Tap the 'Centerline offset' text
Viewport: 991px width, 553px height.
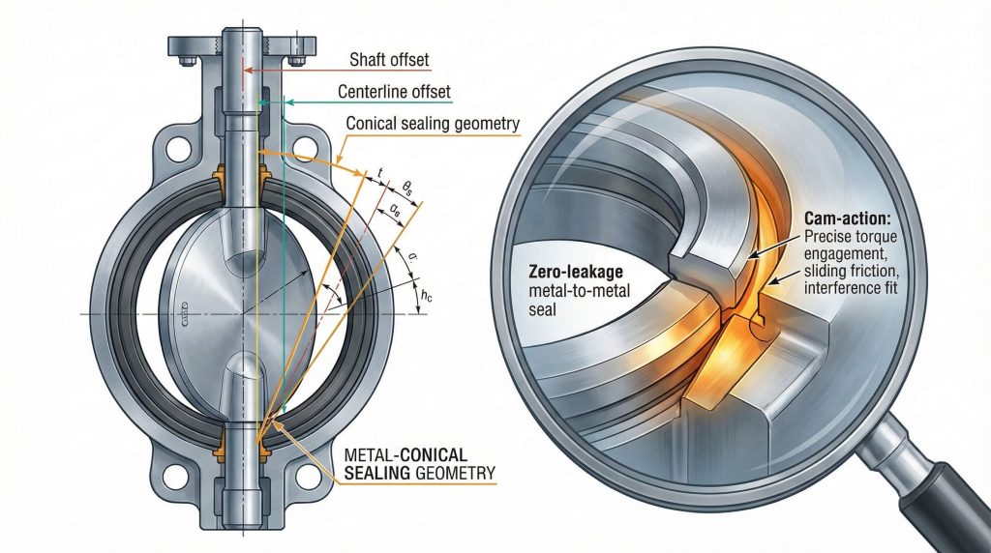click(394, 93)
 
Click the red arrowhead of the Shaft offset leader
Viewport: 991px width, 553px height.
click(246, 70)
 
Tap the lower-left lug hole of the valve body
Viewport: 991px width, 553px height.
click(176, 478)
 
